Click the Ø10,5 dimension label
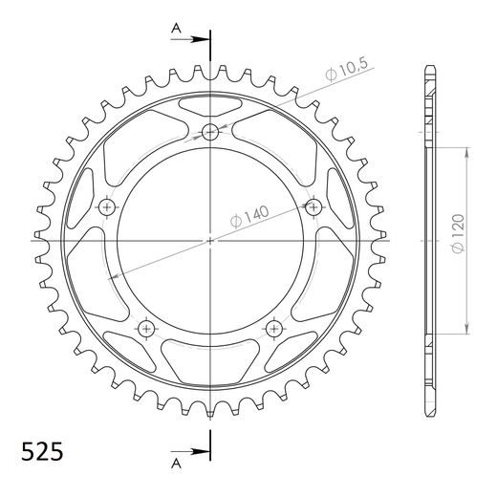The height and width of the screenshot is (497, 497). [x=347, y=69]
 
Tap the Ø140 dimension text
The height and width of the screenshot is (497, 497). [x=249, y=217]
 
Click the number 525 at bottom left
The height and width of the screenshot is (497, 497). [x=42, y=451]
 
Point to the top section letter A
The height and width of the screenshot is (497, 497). [x=176, y=29]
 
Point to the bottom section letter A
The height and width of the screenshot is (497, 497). [x=176, y=464]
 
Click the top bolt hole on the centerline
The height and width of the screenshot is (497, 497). [x=210, y=132]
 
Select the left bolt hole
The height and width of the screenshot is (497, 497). [x=107, y=207]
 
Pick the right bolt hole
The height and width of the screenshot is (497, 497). [x=313, y=207]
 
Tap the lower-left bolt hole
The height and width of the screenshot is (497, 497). [x=146, y=329]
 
